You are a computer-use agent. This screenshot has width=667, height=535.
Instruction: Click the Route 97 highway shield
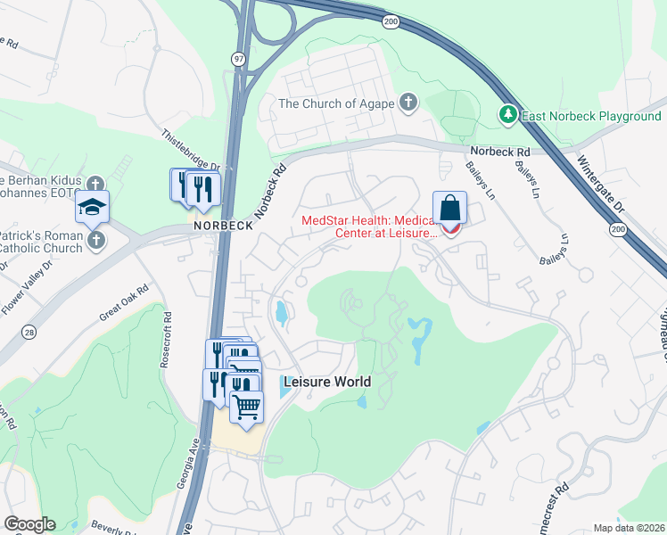[238, 58]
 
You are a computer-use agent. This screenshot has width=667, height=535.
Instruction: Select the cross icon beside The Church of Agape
[408, 102]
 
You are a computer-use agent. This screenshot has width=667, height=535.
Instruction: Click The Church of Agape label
[334, 103]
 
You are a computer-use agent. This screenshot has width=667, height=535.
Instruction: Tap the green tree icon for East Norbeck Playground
[507, 115]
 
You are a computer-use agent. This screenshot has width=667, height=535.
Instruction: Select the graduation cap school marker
[92, 208]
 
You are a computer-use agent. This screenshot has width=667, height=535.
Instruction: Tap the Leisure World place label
[326, 382]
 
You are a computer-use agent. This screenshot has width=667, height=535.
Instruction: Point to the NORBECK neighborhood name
[224, 226]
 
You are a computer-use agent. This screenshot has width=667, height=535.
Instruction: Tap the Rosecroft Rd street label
[166, 339]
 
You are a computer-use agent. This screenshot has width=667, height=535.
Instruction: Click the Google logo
[29, 524]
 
